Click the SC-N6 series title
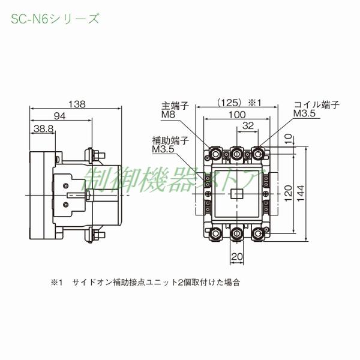click(55, 19)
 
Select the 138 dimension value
click(76, 104)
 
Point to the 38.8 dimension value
click(44, 128)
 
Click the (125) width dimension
click(231, 103)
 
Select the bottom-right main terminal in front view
click(260, 232)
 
